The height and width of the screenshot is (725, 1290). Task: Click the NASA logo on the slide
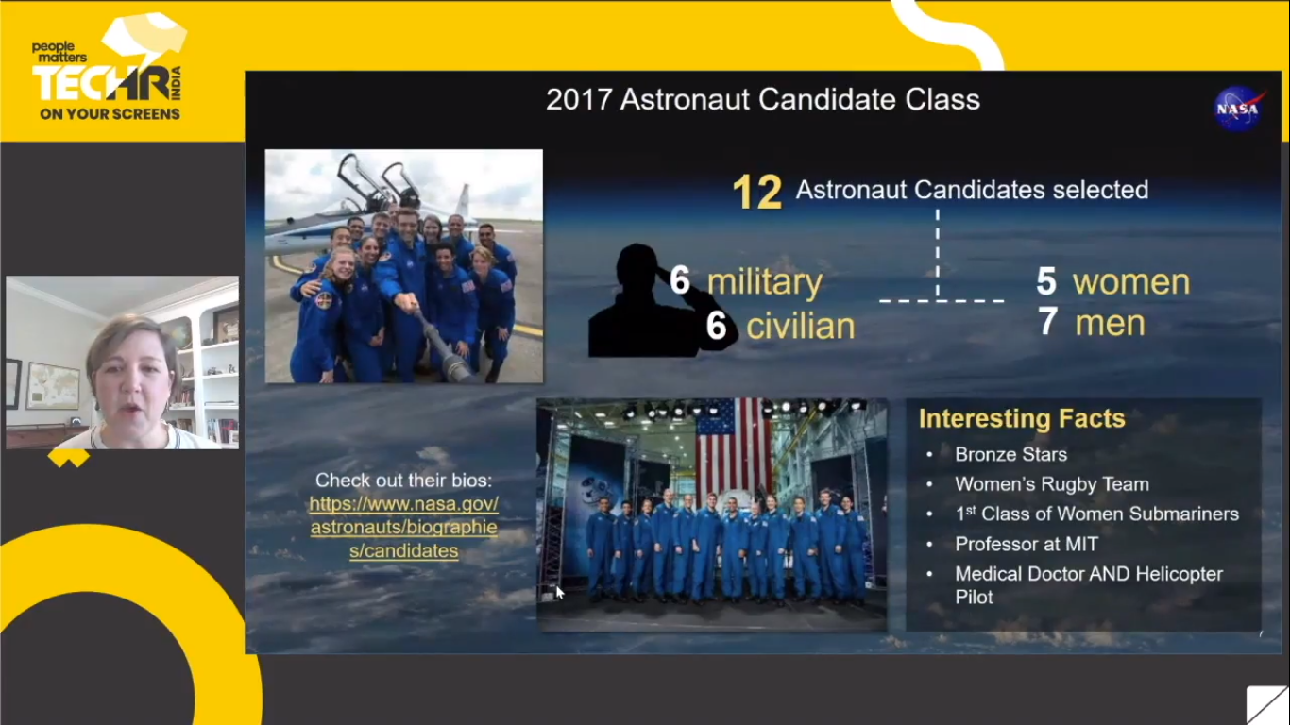coord(1238,109)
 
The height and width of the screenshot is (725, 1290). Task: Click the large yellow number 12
coord(757,192)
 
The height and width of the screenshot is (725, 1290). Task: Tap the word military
coord(765,282)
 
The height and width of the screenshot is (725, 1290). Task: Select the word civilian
coord(801,326)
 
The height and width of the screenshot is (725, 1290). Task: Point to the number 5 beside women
coord(1045,281)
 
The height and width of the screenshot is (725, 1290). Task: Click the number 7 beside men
coord(1048,321)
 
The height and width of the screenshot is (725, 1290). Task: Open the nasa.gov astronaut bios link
coord(403,527)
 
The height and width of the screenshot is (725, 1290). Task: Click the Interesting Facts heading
coord(1022,418)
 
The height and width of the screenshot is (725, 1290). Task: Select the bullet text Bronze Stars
coord(1010,454)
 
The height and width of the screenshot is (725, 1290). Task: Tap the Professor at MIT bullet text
coord(1027,544)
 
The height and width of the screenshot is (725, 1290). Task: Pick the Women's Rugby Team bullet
coord(1052,484)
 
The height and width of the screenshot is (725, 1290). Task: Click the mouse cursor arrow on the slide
coord(559,593)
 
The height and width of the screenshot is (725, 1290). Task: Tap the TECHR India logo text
coord(107,83)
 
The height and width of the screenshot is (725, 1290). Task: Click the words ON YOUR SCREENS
coord(110,114)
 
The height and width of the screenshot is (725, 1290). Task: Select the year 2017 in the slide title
coord(578,100)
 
